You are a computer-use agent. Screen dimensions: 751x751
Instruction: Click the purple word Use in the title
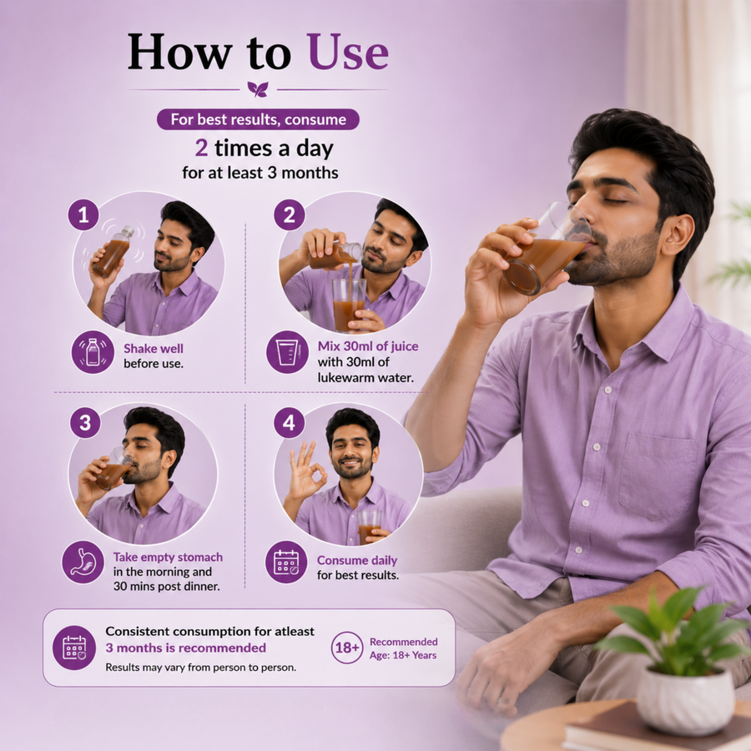(348, 53)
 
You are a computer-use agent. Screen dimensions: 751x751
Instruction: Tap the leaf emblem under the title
(258, 89)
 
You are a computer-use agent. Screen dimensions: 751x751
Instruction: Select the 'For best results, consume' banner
(258, 119)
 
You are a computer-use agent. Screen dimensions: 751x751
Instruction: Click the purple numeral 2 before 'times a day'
(201, 148)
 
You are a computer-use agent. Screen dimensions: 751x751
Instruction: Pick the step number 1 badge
(83, 214)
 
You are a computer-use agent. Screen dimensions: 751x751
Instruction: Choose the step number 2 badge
(290, 214)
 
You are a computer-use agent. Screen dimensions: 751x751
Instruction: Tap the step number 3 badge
(85, 423)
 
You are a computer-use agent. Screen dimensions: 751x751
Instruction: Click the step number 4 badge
(290, 423)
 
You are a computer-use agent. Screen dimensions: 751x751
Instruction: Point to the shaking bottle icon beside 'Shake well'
(93, 352)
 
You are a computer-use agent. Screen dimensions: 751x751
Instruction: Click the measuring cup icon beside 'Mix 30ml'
(287, 352)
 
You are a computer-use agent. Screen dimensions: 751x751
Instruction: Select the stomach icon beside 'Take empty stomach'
(83, 562)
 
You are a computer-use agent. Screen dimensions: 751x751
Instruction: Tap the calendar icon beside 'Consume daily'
(286, 562)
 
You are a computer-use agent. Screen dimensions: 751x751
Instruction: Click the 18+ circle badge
(347, 648)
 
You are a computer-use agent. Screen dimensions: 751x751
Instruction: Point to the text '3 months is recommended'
(186, 648)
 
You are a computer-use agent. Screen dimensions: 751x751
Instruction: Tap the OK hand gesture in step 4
(305, 471)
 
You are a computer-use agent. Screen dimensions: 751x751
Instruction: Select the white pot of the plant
(685, 693)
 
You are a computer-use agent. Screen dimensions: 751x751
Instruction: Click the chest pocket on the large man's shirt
(658, 475)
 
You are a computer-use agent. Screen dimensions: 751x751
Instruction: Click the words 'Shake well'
(154, 349)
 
